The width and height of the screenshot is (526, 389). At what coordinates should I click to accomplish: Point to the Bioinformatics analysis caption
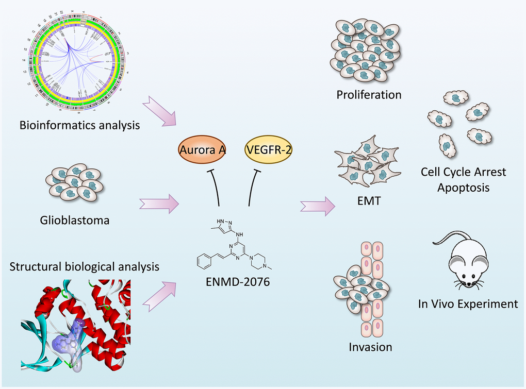click(80, 125)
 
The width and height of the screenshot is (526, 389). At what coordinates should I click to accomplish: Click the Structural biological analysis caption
click(84, 267)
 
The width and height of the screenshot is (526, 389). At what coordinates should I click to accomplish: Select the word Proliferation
click(368, 95)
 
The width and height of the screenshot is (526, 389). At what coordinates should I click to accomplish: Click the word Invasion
click(370, 347)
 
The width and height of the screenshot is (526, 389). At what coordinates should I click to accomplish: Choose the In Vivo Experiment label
click(468, 304)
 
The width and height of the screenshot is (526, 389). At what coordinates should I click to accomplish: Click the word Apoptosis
click(463, 187)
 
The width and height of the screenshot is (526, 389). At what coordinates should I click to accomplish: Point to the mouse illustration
click(462, 260)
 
